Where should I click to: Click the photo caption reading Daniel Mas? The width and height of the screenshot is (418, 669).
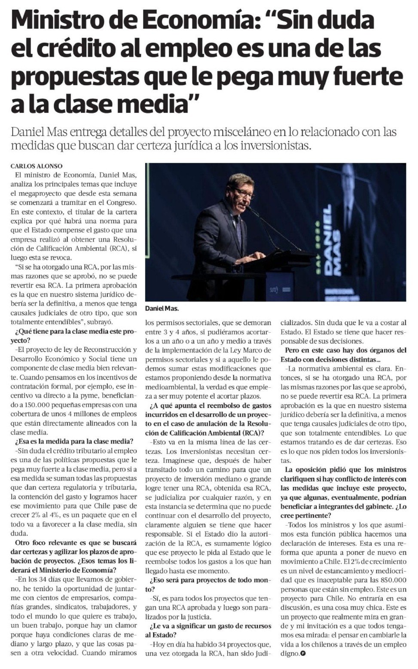point(162,308)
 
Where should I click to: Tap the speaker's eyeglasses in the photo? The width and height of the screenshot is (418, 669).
point(244,192)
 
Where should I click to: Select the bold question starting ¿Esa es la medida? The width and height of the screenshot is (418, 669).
point(74,441)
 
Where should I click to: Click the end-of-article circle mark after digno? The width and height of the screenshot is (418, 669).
point(303,654)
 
